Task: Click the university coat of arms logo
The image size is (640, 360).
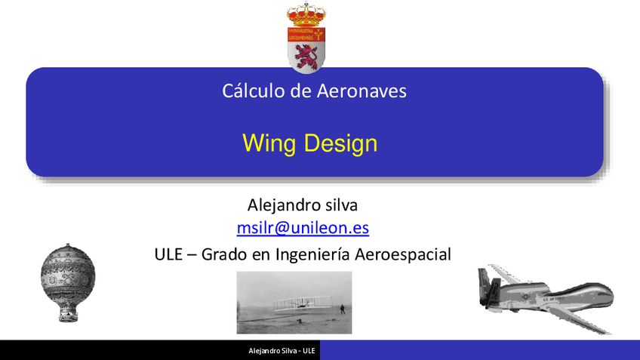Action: (306, 38)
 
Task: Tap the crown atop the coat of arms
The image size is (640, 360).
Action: (306, 14)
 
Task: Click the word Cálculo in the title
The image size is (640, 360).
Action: (248, 91)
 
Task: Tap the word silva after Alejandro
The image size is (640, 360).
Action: (340, 205)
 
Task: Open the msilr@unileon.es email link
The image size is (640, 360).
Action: (303, 227)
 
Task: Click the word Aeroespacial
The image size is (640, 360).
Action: (402, 254)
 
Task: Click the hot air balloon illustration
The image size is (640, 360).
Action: (68, 275)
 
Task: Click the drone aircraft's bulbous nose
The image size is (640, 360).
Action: (600, 291)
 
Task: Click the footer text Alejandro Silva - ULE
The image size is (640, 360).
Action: (282, 352)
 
